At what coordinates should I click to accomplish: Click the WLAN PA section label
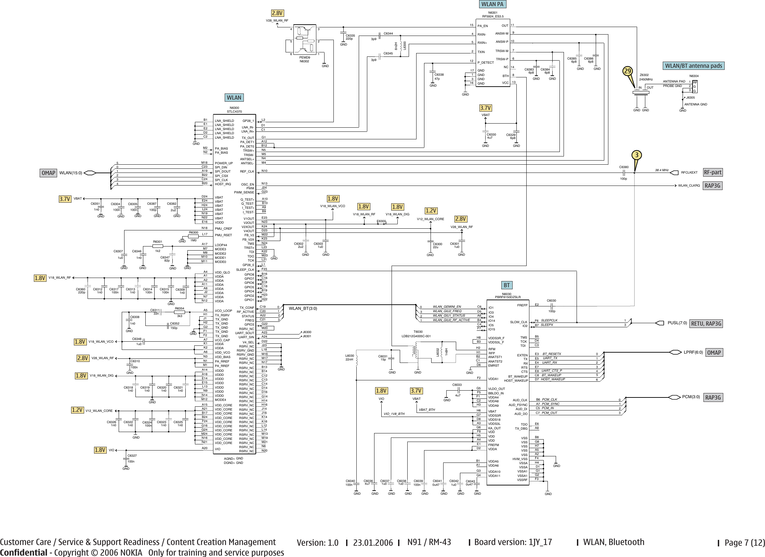[x=492, y=4]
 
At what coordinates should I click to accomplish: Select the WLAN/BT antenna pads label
[x=694, y=66]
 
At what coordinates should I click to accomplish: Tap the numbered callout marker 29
[x=627, y=71]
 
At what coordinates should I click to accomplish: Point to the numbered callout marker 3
[x=636, y=155]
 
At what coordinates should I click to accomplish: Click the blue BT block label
[x=506, y=285]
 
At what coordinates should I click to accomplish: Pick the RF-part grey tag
[x=713, y=173]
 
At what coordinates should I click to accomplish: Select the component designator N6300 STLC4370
[x=234, y=110]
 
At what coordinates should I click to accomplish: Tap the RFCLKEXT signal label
[x=689, y=173]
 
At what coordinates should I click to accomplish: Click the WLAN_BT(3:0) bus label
[x=303, y=308]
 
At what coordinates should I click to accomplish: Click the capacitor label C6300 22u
[x=437, y=245]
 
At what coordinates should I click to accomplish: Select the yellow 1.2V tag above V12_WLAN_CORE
[x=431, y=211]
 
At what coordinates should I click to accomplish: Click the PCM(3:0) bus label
[x=691, y=397]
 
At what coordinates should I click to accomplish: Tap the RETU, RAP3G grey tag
[x=706, y=324]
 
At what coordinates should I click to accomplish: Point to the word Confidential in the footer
[x=23, y=553]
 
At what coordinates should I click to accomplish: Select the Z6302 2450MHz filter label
[x=646, y=77]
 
